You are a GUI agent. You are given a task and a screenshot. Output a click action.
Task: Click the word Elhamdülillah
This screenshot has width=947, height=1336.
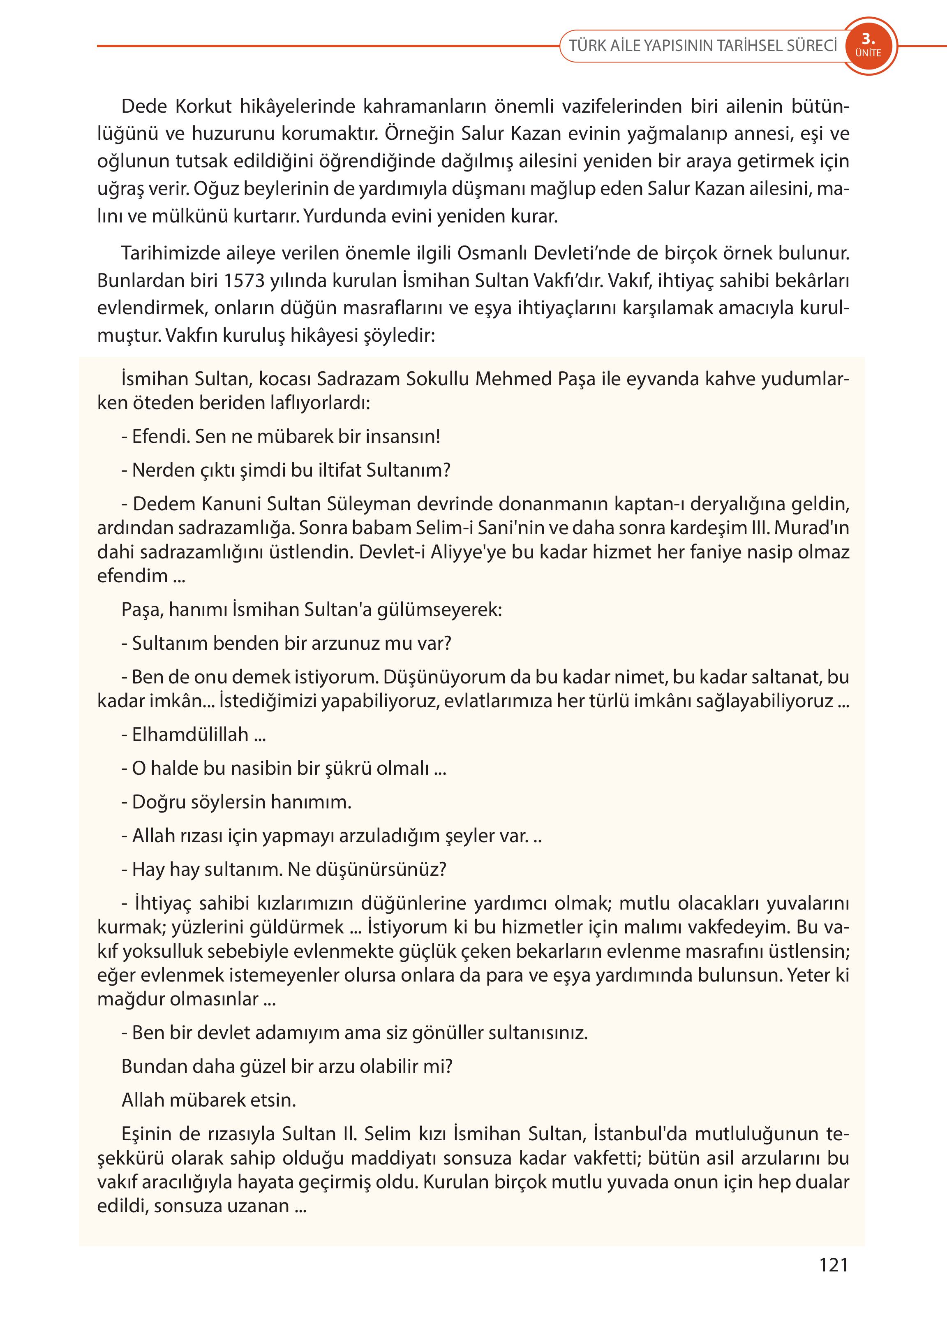190,734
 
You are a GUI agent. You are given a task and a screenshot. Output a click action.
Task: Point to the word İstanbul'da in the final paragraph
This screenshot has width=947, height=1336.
640,1134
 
